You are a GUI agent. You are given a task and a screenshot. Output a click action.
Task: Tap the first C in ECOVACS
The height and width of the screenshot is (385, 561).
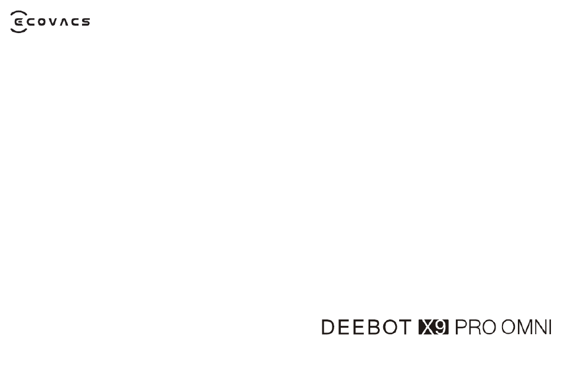click(x=31, y=22)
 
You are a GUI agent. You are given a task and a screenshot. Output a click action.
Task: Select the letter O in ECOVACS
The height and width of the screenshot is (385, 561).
click(x=42, y=22)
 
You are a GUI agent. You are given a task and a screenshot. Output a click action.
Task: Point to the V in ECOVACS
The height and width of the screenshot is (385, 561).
click(x=53, y=22)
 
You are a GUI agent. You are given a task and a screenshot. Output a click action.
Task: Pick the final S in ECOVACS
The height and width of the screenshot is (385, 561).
click(x=86, y=22)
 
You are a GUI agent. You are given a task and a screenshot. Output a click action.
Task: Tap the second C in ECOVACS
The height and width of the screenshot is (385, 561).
click(x=75, y=22)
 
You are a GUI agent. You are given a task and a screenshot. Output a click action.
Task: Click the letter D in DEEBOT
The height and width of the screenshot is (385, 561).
click(x=328, y=327)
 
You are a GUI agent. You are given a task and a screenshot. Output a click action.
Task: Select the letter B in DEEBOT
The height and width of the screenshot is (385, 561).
click(x=373, y=327)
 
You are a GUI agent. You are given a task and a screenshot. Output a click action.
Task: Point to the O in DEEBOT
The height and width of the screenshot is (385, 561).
click(x=390, y=327)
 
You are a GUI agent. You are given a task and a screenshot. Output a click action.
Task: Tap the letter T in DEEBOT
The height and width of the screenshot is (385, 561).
click(x=405, y=327)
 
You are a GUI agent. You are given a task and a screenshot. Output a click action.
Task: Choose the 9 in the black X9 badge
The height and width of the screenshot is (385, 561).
click(x=441, y=327)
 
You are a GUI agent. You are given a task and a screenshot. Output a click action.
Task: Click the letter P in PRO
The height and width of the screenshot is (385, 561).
click(x=461, y=327)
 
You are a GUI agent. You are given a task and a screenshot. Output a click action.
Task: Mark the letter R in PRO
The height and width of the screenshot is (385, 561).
click(x=474, y=327)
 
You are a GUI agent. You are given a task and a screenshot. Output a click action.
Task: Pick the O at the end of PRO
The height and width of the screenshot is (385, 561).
click(x=488, y=327)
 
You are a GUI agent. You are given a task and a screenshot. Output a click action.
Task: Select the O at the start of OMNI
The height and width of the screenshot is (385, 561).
click(x=509, y=327)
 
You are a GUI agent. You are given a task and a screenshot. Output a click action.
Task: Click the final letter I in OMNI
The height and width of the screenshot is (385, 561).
click(x=550, y=327)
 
